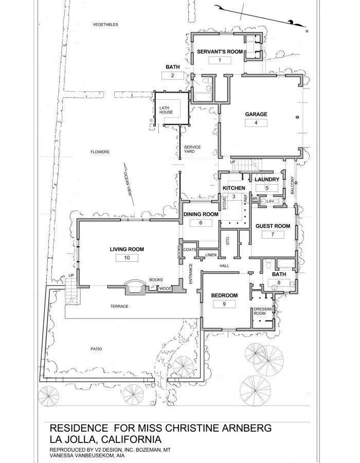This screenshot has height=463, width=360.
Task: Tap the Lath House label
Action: click(x=166, y=110)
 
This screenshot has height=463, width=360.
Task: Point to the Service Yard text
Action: click(x=192, y=150)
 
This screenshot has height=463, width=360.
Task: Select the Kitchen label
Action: click(x=232, y=188)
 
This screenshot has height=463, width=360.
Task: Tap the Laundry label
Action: click(x=267, y=180)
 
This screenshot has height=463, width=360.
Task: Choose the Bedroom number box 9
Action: click(x=224, y=304)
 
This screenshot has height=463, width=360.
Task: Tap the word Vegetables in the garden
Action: click(x=105, y=25)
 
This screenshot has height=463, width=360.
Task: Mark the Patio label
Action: click(x=96, y=349)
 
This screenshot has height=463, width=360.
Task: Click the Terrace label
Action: click(x=119, y=307)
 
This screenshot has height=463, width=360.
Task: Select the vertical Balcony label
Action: click(x=292, y=185)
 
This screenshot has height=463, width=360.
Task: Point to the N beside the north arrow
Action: click(x=307, y=32)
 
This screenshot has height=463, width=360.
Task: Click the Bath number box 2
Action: click(x=172, y=76)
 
